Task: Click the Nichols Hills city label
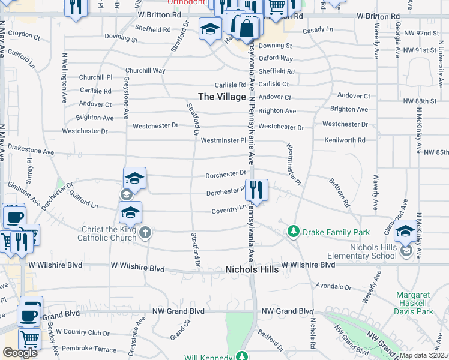pyautogui.click(x=252, y=270)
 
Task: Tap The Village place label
pyautogui.click(x=221, y=97)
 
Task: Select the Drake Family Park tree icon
pyautogui.click(x=293, y=231)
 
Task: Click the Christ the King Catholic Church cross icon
pyautogui.click(x=145, y=232)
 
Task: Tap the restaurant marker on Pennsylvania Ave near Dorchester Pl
pyautogui.click(x=256, y=190)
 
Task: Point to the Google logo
pyautogui.click(x=20, y=353)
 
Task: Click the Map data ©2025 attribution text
pyautogui.click(x=424, y=355)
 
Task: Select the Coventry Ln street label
pyautogui.click(x=229, y=211)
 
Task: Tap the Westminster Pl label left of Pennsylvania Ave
pyautogui.click(x=223, y=141)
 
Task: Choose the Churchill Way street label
pyautogui.click(x=145, y=70)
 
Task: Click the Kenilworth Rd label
pyautogui.click(x=345, y=140)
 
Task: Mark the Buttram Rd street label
pyautogui.click(x=339, y=193)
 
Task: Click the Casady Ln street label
pyautogui.click(x=318, y=29)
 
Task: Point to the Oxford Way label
pyautogui.click(x=276, y=58)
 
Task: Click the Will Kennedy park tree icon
pyautogui.click(x=241, y=356)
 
